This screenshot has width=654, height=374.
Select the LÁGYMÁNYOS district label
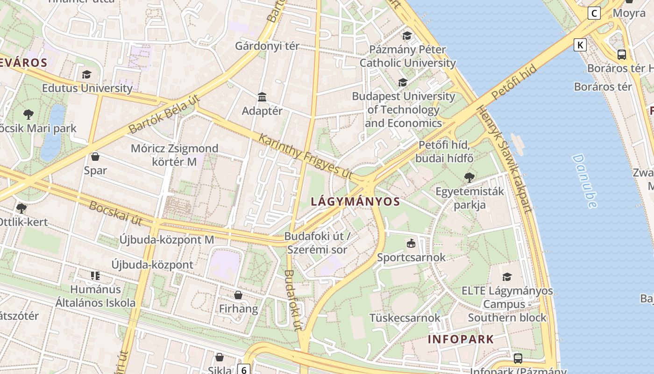click(355, 201)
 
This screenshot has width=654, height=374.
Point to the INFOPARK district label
click(461, 339)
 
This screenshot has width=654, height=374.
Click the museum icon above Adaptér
click(262, 97)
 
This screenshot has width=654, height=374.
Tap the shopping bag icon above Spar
click(95, 156)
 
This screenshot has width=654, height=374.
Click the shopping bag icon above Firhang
click(238, 295)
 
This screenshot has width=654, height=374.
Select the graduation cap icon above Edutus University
click(86, 74)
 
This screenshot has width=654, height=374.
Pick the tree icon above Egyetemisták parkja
click(469, 177)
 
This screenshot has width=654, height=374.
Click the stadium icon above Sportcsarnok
click(411, 243)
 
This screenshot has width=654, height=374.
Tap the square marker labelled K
click(580, 45)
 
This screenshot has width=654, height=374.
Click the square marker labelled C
click(594, 13)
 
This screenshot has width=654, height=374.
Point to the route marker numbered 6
click(243, 370)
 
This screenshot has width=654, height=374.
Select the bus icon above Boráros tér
click(621, 54)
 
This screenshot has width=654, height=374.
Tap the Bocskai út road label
click(115, 213)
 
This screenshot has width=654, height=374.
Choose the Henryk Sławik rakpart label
click(505, 159)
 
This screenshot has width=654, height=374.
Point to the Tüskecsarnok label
click(405, 318)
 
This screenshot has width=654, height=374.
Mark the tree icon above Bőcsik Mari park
click(28, 114)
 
